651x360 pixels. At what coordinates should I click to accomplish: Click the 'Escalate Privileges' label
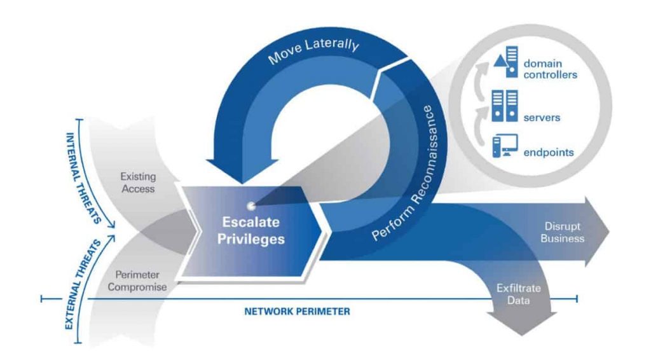pos(251,230)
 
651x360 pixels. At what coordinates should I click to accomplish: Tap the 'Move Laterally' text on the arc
pos(313,50)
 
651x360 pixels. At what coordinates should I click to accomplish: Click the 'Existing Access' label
pos(138,183)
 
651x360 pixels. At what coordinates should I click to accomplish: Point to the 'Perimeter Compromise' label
pos(137,280)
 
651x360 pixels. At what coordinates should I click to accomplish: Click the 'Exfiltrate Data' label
pos(519,294)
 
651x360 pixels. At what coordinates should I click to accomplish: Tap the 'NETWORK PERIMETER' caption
pos(298,312)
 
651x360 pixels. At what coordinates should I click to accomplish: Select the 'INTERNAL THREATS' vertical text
pos(83,178)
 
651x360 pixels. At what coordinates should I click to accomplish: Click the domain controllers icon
pos(506,62)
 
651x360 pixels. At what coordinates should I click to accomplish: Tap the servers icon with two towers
pos(505,106)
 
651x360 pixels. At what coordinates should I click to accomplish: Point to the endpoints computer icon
pos(505,146)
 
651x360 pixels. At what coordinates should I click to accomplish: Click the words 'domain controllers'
pos(550,69)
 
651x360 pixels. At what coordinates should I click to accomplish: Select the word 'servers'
pos(542,118)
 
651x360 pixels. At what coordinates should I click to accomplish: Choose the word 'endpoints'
pos(549,153)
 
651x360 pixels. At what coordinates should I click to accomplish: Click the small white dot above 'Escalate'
pos(250,205)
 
